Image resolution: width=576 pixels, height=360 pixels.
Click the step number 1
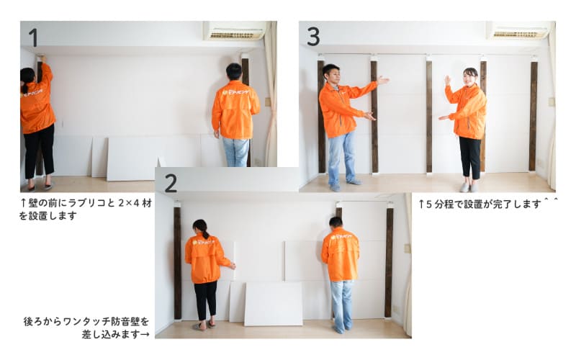point(33,37)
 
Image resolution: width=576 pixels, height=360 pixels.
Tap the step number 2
point(171,183)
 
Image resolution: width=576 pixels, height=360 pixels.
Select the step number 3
point(313,37)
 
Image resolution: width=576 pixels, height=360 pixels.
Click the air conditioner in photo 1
point(235,30)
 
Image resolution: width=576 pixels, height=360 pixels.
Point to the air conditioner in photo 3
point(518,30)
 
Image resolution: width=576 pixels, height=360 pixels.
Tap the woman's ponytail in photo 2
point(203,230)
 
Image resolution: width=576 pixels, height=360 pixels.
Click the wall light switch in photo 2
point(407,248)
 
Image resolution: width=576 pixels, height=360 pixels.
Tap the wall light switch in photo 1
point(268,102)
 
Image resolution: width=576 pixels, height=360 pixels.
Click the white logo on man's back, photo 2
point(341,238)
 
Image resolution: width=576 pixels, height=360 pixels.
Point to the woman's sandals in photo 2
point(204,325)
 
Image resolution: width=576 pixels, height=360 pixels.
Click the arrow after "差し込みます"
point(145,335)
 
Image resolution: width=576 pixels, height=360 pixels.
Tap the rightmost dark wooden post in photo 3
point(534,116)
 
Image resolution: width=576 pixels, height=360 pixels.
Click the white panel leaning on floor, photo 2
point(274,304)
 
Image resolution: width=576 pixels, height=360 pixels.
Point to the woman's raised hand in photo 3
point(447,80)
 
